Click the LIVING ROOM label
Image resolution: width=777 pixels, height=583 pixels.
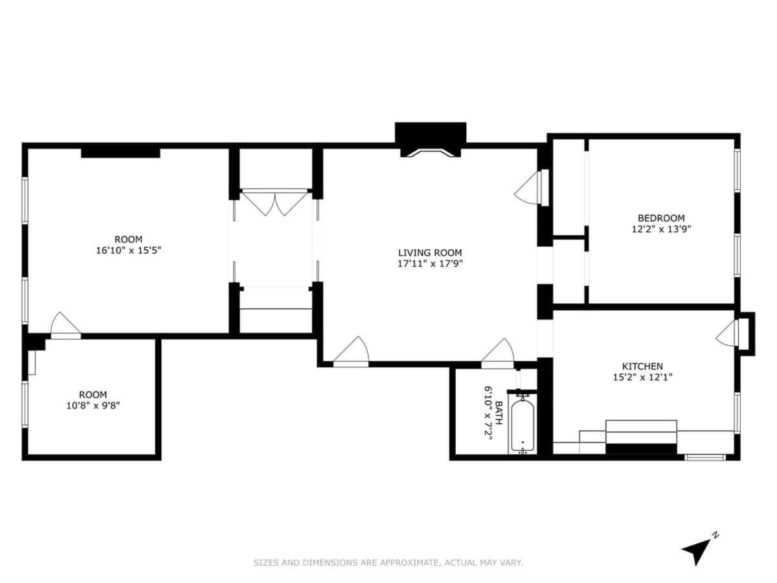point(430,253)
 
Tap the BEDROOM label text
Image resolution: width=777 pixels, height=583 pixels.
point(660,218)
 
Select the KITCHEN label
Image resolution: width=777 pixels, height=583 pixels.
point(642,366)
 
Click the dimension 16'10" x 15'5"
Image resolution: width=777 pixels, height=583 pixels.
point(128,250)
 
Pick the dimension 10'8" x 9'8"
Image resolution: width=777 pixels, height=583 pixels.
point(93,406)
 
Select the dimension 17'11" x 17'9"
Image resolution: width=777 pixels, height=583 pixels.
point(430,264)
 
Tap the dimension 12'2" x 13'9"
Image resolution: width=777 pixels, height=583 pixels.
point(660,229)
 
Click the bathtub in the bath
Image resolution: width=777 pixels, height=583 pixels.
point(522,426)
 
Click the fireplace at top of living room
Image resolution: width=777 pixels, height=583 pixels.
point(431,139)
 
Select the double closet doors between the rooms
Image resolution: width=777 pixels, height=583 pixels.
point(275,203)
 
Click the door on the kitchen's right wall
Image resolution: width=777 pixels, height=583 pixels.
point(728,334)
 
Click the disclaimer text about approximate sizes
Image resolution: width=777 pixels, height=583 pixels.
point(388,563)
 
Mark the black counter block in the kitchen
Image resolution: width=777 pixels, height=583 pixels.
point(640,449)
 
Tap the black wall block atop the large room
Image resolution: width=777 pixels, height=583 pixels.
point(120,153)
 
